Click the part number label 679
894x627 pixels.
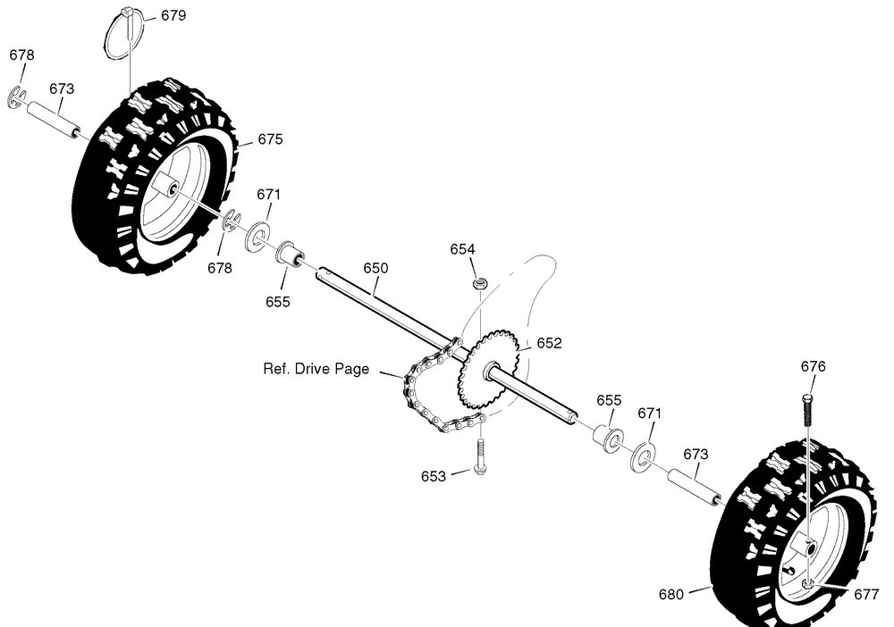(x=173, y=15)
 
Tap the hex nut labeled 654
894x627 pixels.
(x=481, y=282)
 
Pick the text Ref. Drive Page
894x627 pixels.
(x=316, y=369)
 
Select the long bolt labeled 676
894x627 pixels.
(x=807, y=410)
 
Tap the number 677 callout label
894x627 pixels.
(x=866, y=594)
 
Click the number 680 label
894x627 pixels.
(x=670, y=594)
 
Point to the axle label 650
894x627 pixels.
(x=375, y=268)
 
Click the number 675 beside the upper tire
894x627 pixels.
(x=270, y=139)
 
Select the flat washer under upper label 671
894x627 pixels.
(x=257, y=238)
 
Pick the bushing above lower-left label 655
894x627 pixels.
(x=291, y=254)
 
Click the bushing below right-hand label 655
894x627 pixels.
(x=608, y=438)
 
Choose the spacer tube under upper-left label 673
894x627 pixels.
(x=53, y=119)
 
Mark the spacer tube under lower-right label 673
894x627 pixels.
(x=694, y=486)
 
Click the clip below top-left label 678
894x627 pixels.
(x=17, y=98)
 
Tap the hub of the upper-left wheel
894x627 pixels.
(x=165, y=185)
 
